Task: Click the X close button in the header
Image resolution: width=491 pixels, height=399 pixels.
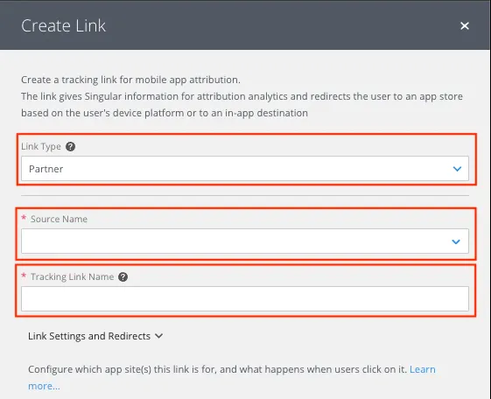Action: pos(465,25)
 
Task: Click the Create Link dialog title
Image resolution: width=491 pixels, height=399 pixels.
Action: pos(64,25)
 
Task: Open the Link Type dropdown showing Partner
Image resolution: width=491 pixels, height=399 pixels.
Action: pos(245,169)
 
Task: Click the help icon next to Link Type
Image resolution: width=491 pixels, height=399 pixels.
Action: pos(71,146)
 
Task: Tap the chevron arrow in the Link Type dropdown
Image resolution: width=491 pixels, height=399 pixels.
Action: pos(457,169)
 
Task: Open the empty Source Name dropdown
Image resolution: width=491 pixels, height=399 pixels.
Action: pos(245,241)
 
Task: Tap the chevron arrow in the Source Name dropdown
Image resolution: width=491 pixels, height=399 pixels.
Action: pos(456,241)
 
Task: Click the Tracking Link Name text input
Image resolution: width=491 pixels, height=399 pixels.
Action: pos(245,298)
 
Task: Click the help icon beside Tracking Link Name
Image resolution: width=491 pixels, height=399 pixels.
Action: pos(123,277)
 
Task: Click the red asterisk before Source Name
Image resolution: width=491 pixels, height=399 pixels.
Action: pos(24,218)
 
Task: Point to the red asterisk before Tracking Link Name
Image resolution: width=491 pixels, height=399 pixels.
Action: pos(24,276)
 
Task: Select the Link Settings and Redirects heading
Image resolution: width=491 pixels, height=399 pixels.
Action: pos(89,336)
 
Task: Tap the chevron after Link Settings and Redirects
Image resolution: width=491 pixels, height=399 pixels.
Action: pos(158,336)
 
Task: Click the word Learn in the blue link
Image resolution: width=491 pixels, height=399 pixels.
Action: pos(423,369)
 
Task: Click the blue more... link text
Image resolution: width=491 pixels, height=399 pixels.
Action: pos(44,386)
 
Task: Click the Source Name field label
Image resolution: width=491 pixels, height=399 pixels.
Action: pos(59,219)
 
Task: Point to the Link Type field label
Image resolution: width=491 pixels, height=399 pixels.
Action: pos(41,146)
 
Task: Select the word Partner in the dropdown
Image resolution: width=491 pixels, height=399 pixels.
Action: pos(46,169)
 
